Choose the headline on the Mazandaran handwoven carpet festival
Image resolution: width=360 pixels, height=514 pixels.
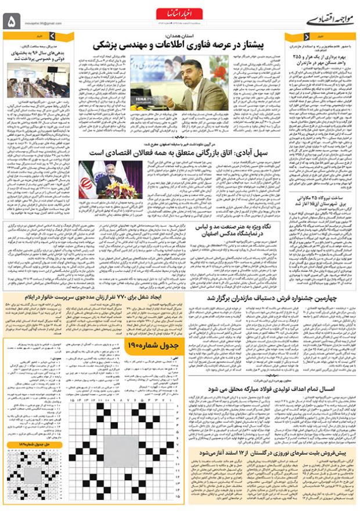[x=267, y=298]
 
